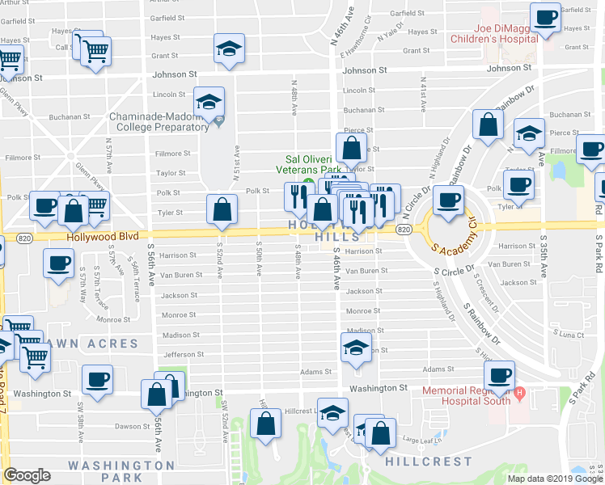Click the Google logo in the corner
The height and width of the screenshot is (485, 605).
[27, 475]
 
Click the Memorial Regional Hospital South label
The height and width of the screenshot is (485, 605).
[466, 395]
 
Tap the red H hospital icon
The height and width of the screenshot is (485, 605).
[520, 394]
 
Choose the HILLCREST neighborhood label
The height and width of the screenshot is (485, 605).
[428, 462]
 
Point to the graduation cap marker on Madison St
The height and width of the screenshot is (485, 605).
[354, 348]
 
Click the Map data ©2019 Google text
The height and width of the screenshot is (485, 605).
[555, 479]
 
